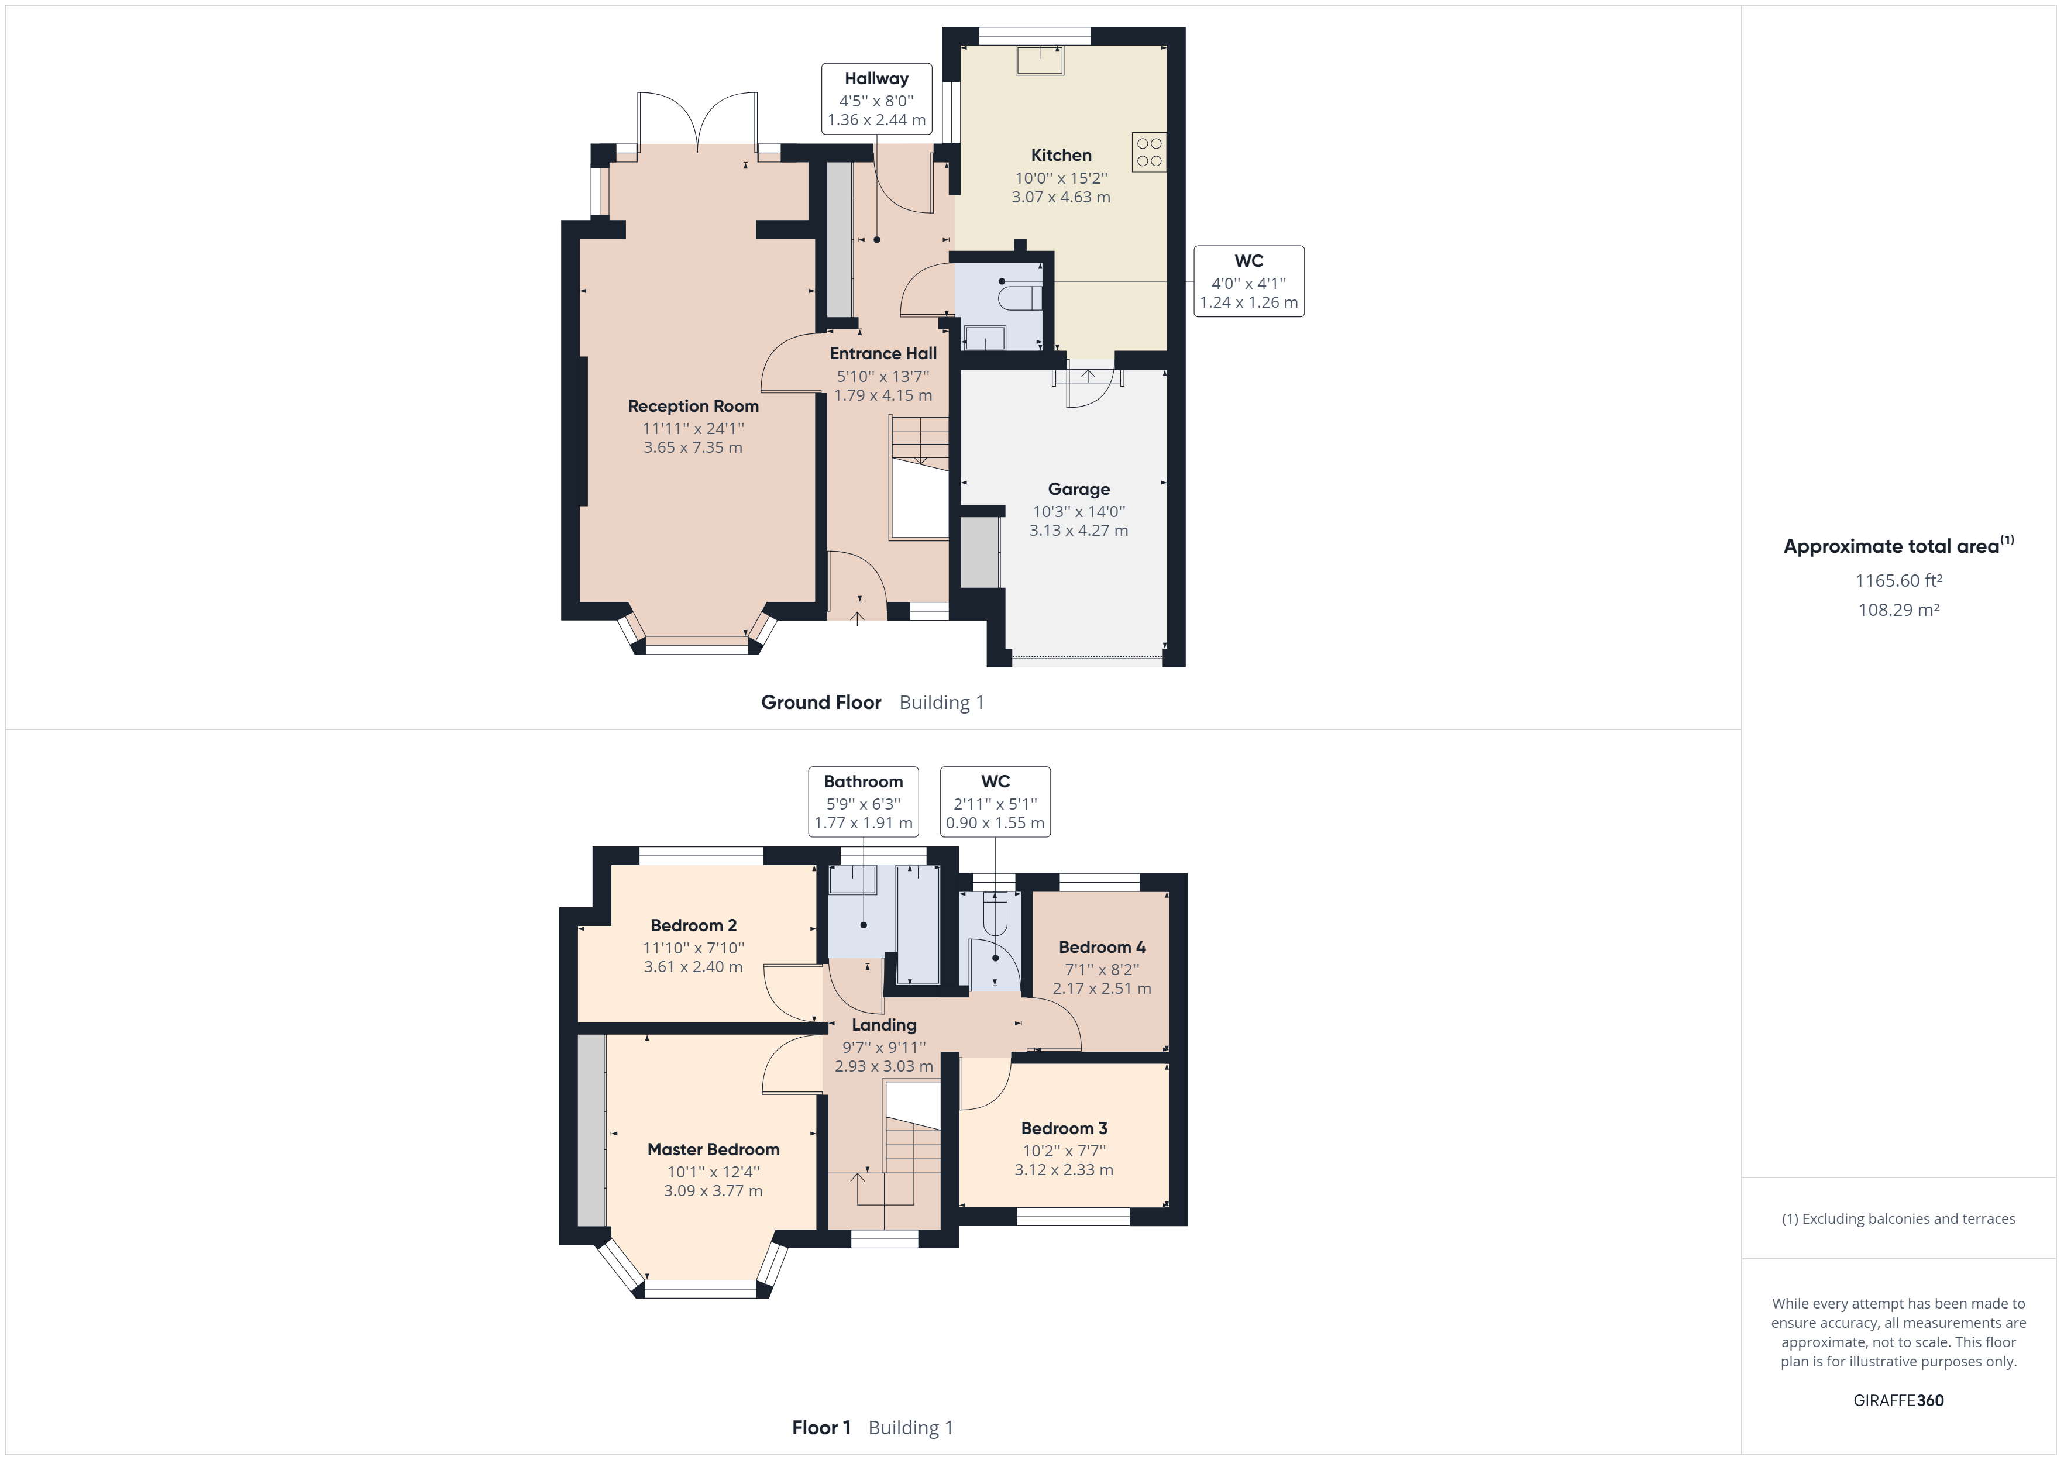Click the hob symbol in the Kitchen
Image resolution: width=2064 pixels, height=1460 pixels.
coord(1149,153)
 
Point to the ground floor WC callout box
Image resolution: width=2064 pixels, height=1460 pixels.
coord(1248,281)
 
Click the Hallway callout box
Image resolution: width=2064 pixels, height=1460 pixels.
coord(876,99)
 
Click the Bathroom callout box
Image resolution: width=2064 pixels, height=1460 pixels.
coord(863,801)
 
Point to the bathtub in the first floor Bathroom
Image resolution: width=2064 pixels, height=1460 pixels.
coord(918,923)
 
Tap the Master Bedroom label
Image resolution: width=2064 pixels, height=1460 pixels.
coord(713,1150)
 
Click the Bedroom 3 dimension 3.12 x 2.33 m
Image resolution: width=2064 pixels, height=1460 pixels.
coord(1064,1170)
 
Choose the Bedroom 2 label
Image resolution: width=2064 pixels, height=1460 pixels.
coord(693,926)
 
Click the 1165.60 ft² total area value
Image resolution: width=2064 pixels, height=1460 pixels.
coord(1898,581)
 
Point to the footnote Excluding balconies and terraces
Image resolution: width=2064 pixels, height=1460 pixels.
coord(1898,1219)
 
